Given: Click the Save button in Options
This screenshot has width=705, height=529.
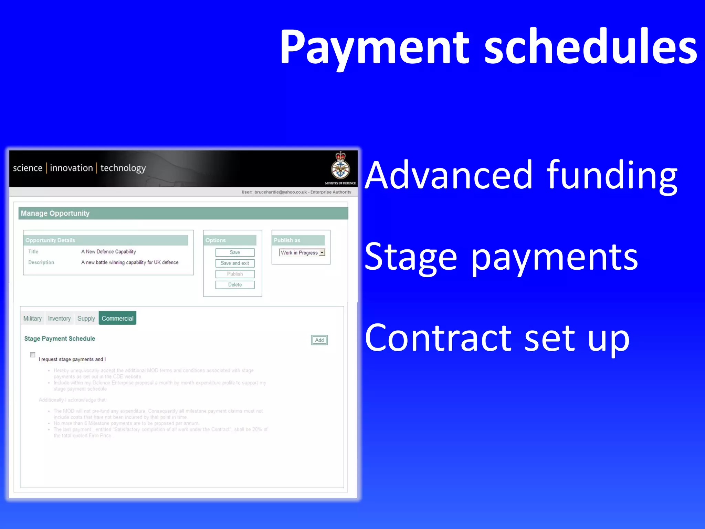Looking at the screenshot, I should pyautogui.click(x=235, y=252).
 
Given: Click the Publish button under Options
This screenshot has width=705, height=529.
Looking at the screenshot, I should pyautogui.click(x=235, y=274).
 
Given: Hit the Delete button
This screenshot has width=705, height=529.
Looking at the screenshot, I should pyautogui.click(x=235, y=284).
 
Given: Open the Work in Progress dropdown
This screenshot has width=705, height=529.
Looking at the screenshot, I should pyautogui.click(x=322, y=252).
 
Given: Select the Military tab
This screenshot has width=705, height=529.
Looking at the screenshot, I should pyautogui.click(x=32, y=318).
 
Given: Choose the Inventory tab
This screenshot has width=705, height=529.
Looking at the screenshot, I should pyautogui.click(x=59, y=318).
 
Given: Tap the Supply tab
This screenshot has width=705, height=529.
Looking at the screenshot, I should pyautogui.click(x=86, y=318).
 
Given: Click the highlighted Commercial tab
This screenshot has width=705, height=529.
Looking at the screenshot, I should pyautogui.click(x=117, y=318).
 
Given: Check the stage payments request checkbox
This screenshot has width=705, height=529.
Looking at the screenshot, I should pyautogui.click(x=33, y=355).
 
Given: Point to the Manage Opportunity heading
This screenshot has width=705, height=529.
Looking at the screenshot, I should pyautogui.click(x=55, y=213).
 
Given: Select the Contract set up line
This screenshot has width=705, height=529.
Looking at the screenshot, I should pyautogui.click(x=497, y=338).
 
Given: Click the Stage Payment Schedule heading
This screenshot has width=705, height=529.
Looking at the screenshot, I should pyautogui.click(x=60, y=339).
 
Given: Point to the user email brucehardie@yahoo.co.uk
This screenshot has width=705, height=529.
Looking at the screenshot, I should pyautogui.click(x=280, y=192).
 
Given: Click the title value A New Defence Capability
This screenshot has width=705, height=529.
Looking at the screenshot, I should pyautogui.click(x=108, y=252).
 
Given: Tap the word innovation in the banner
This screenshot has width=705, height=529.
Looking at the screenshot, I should pyautogui.click(x=71, y=168).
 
